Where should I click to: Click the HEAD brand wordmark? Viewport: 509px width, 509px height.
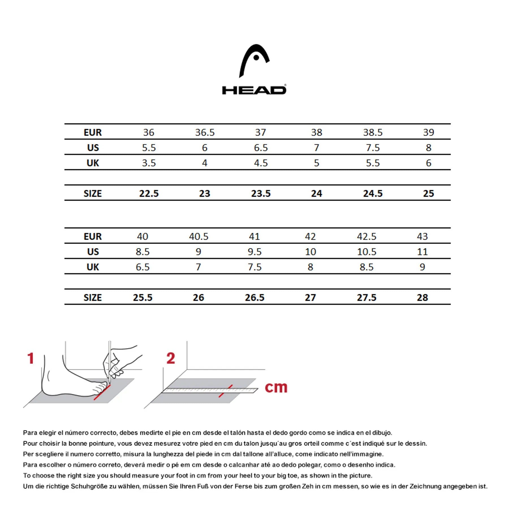254,90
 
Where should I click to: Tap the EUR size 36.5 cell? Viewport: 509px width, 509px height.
205,132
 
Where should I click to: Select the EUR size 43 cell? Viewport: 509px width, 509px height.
422,236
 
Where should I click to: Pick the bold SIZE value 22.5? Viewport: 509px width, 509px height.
149,193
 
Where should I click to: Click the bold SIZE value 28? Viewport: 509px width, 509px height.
422,297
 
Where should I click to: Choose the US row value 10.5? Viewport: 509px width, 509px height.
366,252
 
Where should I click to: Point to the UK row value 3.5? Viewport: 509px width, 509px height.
149,163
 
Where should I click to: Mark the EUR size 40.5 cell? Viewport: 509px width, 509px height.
199,236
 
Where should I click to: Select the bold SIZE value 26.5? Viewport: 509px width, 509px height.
255,297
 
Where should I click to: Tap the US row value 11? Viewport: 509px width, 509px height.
422,252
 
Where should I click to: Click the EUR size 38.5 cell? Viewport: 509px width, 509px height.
373,132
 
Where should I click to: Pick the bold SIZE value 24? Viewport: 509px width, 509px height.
316,193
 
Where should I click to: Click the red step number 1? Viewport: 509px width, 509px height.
31,358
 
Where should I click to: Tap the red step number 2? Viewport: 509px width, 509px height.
171,358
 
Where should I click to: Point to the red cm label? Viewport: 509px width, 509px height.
276,387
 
